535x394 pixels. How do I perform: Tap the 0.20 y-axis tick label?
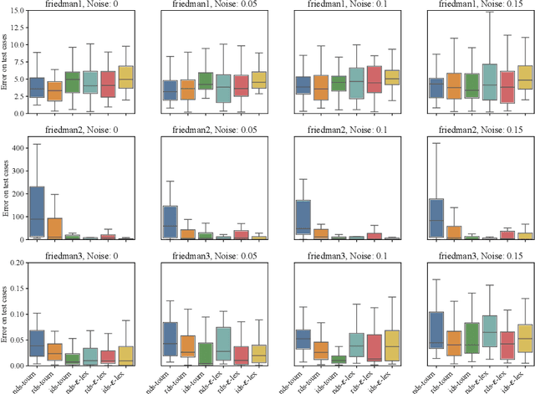click(14, 263)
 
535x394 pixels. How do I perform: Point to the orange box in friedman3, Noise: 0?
click(54, 351)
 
